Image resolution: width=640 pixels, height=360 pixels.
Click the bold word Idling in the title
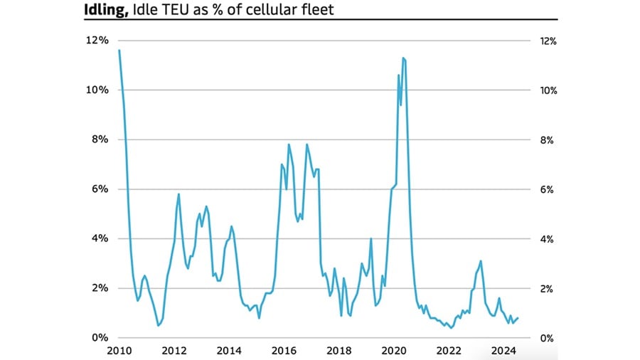pos(104,9)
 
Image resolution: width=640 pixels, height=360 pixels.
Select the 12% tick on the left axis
pos(98,41)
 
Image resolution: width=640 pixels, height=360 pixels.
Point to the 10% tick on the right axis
pos(548,91)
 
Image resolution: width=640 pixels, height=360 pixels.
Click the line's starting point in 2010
pos(119,51)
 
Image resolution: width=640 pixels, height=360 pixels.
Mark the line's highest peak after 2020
pos(403,58)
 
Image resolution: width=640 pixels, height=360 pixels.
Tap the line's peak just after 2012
pos(178,194)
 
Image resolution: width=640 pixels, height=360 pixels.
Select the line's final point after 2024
pos(518,318)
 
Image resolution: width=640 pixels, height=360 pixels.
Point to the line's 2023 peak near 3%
pos(481,261)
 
